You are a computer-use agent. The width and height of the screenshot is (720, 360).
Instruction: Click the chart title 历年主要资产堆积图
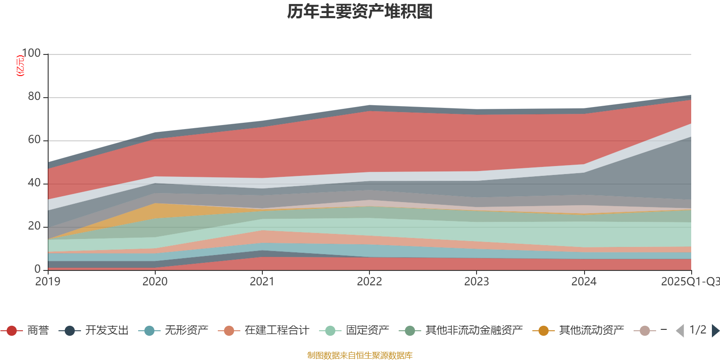(x=360, y=12)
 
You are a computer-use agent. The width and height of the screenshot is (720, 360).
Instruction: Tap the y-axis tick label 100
(x=31, y=54)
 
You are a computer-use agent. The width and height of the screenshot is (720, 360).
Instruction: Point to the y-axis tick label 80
(x=34, y=97)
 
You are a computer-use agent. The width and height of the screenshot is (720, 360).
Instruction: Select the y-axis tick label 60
(x=34, y=140)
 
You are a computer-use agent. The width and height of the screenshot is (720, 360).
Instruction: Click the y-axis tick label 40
(x=34, y=183)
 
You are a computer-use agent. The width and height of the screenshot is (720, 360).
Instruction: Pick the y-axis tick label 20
(x=34, y=226)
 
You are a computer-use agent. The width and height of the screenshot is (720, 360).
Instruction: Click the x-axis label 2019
(x=48, y=282)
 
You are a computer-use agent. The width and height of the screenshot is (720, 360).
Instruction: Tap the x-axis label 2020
(x=155, y=282)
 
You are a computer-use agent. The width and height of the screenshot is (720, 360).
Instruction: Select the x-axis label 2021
(x=262, y=282)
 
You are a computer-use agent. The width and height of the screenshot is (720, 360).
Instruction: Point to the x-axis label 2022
(x=369, y=282)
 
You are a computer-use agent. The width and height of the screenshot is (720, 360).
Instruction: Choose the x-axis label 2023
(x=476, y=282)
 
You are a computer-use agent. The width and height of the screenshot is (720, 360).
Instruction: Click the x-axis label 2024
(x=584, y=282)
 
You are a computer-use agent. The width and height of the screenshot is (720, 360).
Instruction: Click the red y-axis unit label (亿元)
(x=20, y=66)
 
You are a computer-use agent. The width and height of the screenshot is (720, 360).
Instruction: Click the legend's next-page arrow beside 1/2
(x=715, y=331)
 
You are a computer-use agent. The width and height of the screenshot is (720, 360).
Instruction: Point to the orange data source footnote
(x=360, y=355)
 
